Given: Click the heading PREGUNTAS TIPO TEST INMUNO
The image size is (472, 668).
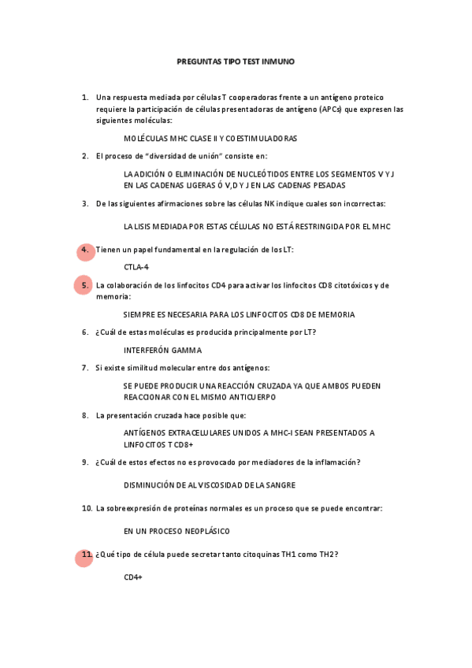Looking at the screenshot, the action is click(236, 61).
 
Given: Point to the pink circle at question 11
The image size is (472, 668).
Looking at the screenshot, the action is click(84, 557).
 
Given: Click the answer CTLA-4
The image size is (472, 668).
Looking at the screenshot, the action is click(136, 267).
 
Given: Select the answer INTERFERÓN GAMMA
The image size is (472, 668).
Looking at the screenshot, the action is click(162, 350).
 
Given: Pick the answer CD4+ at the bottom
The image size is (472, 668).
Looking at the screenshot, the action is click(132, 577).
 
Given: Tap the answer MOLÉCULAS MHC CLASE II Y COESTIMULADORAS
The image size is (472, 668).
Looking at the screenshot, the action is click(210, 139).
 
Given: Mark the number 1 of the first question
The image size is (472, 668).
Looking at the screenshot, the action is click(84, 98).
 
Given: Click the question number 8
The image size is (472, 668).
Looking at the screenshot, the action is click(84, 415).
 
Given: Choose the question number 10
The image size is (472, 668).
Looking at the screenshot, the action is click(86, 509).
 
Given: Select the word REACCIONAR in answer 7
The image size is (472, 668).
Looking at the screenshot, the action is click(150, 397).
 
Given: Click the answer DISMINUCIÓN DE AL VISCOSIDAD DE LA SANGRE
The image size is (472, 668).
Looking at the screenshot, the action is click(210, 484).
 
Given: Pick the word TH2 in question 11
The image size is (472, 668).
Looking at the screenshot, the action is click(326, 555).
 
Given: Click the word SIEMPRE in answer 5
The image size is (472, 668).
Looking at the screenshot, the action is click(139, 314).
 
